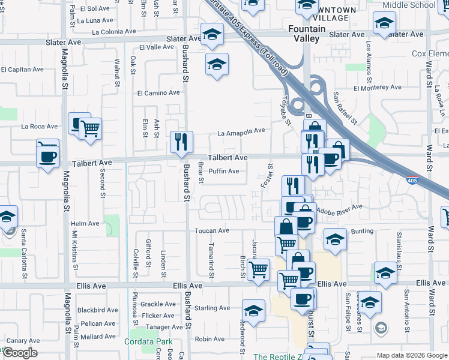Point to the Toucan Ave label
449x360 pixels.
(211, 230)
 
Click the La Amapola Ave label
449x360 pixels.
(241, 131)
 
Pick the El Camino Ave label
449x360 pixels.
(158, 93)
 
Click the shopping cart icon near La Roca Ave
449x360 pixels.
(90, 128)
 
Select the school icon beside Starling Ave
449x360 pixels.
(253, 311)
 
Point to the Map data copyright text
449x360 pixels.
(411, 355)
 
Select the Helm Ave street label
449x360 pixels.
(85, 223)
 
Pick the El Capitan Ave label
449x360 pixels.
(22, 70)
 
